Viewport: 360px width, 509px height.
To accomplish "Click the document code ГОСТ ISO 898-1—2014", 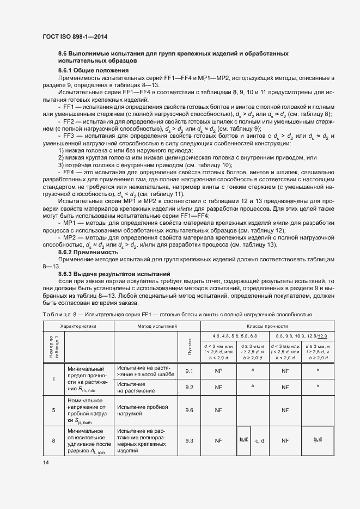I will (75, 36).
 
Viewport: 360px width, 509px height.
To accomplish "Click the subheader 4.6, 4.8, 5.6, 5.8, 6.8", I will (234, 336).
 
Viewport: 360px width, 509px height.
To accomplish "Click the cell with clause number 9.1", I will (189, 371).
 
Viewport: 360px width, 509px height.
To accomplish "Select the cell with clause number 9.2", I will (189, 387).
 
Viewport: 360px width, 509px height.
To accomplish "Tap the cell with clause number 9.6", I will (189, 410).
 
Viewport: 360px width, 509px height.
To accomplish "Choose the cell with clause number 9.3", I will (189, 440).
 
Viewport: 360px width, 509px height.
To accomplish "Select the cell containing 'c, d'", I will (259, 440).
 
